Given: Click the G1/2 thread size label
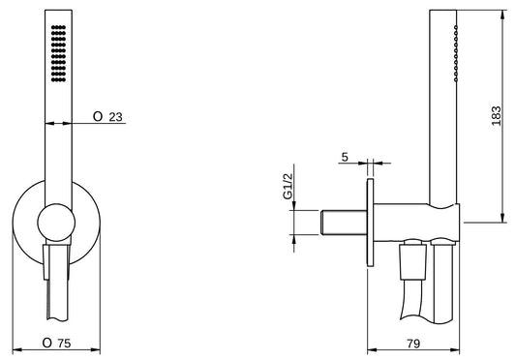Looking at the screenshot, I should (x=288, y=187).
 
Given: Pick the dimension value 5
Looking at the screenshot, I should (x=345, y=155).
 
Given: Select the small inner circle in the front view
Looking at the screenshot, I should (x=57, y=223).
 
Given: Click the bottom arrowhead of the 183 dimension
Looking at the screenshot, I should (x=502, y=219).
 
